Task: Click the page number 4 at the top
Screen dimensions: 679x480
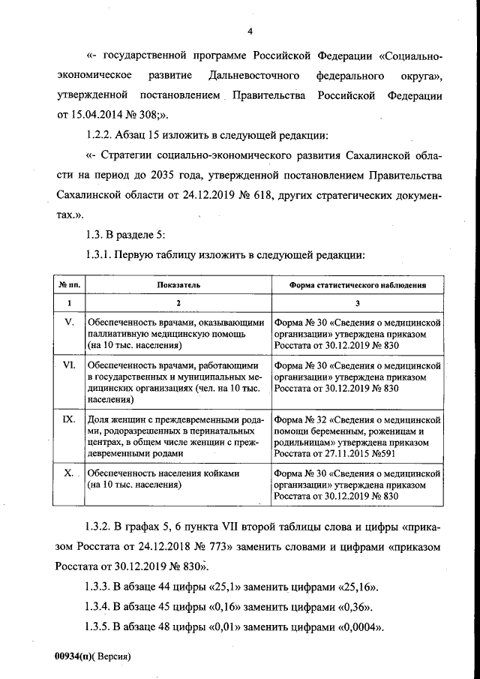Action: point(250,30)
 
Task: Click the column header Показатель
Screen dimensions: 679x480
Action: point(178,285)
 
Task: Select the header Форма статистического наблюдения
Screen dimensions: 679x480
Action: point(358,285)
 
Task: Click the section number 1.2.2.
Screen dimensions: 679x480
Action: point(103,136)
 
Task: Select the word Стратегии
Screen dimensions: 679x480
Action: point(127,155)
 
